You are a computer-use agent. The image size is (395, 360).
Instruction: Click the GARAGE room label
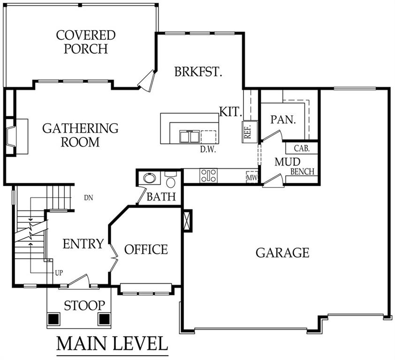(x=282, y=253)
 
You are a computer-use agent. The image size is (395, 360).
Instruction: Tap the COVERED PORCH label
(x=86, y=42)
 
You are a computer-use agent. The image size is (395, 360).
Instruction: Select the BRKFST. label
(x=198, y=72)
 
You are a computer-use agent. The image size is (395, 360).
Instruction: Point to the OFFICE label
(x=146, y=249)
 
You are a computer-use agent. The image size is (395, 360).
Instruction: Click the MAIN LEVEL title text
(x=112, y=343)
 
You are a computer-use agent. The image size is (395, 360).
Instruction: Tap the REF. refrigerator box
(x=250, y=132)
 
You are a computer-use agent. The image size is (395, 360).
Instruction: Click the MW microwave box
(x=252, y=177)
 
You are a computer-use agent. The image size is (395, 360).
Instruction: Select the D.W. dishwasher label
(x=208, y=150)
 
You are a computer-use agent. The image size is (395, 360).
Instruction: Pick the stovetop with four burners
(x=208, y=175)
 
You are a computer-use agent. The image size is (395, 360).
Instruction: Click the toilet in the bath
(x=171, y=180)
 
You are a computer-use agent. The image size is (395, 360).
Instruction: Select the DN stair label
(x=89, y=198)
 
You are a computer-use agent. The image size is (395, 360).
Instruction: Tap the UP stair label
(x=59, y=273)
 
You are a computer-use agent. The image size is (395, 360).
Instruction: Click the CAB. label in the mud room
(x=302, y=148)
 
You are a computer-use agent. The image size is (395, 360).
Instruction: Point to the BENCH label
(x=302, y=172)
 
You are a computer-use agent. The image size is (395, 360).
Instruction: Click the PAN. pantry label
(x=283, y=120)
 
